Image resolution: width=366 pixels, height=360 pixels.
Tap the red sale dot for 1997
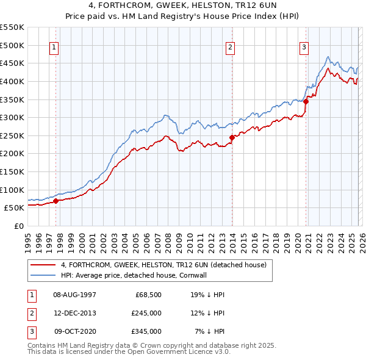(x=56, y=200)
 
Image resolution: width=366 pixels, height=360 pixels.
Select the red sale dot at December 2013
(x=232, y=137)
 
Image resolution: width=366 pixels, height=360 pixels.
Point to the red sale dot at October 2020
(x=306, y=102)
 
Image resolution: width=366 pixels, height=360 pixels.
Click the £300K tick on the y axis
(x=12, y=117)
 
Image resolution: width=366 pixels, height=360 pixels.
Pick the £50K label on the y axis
(x=13, y=207)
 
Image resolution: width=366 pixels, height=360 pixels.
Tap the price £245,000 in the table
(x=146, y=313)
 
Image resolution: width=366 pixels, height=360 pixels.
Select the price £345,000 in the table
(x=146, y=331)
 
